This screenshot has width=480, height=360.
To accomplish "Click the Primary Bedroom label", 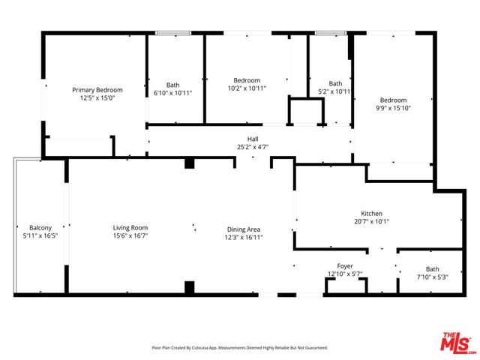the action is click(x=97, y=90).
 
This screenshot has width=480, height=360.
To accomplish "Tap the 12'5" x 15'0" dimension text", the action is click(x=97, y=98).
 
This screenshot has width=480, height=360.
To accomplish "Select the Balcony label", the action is click(x=40, y=228).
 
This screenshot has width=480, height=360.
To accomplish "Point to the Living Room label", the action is click(x=130, y=228).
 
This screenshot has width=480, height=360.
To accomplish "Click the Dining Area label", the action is click(x=244, y=229).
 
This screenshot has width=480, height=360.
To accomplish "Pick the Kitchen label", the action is click(x=372, y=213).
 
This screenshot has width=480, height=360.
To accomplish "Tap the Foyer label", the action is click(x=345, y=266).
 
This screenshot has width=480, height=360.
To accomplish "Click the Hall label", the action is click(x=253, y=139).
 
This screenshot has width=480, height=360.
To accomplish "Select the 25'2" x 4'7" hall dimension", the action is click(x=253, y=147).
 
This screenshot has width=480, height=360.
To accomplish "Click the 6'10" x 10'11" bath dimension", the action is click(x=173, y=93).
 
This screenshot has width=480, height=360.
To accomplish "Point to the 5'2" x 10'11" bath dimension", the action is click(x=334, y=91).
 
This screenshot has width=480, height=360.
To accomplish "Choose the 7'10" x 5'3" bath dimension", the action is click(x=432, y=277).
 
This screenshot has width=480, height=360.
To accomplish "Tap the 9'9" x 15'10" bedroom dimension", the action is click(x=393, y=108).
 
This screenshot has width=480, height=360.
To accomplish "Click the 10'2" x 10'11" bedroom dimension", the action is click(x=247, y=88).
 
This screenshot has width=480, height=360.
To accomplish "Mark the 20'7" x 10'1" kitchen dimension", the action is click(x=372, y=221).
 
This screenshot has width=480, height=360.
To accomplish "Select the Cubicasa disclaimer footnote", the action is click(x=240, y=348).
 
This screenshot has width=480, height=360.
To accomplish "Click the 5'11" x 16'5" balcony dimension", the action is click(x=40, y=235).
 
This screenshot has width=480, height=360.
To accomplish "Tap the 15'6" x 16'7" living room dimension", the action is click(x=130, y=235).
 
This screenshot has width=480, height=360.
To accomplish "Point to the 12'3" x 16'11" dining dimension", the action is click(x=244, y=237).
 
